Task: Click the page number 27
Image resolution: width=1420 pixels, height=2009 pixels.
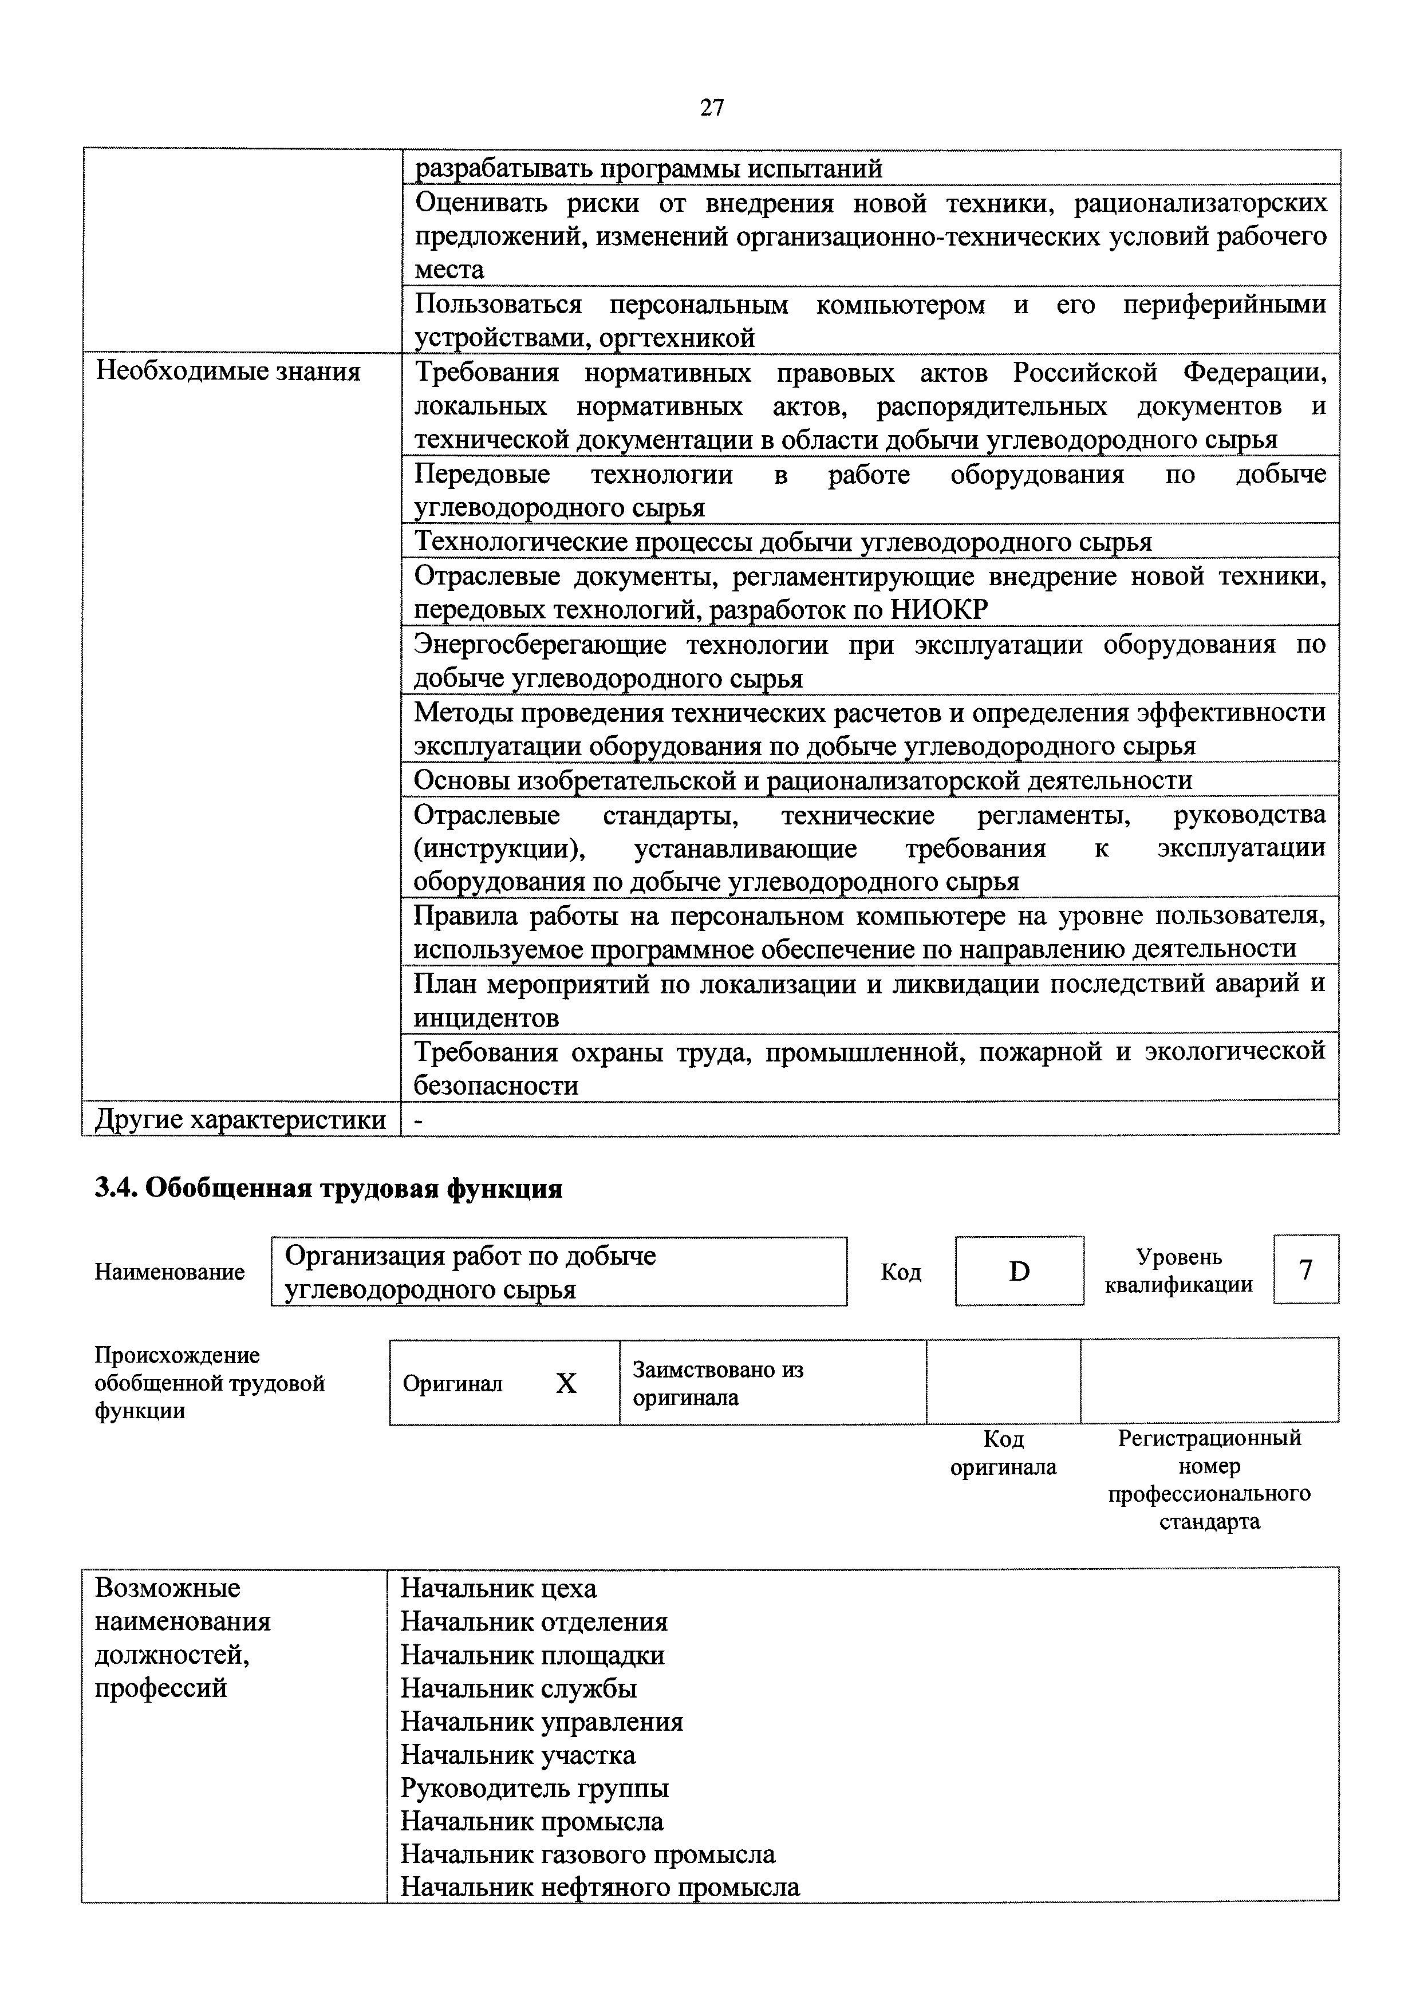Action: point(711,108)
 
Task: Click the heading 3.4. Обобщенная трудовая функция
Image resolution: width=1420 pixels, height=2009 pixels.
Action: point(328,1188)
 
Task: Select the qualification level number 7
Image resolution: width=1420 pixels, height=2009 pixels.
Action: point(1305,1269)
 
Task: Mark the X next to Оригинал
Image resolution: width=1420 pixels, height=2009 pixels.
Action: point(566,1383)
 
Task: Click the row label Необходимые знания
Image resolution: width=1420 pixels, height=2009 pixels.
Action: point(227,372)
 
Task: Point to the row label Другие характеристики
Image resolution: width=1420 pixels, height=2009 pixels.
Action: point(240,1119)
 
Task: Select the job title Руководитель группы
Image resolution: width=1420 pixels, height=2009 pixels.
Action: point(535,1787)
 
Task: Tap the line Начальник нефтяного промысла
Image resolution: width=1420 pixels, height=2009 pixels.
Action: point(600,1888)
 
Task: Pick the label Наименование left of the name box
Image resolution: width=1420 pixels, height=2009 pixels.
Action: point(169,1272)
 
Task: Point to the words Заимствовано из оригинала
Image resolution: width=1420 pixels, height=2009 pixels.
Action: point(717,1383)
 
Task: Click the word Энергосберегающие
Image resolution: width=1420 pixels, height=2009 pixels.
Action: point(540,645)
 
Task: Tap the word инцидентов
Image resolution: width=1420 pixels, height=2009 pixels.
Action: point(487,1017)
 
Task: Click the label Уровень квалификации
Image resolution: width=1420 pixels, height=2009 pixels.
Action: point(1178,1270)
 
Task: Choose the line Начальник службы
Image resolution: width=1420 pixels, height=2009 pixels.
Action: point(519,1688)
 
